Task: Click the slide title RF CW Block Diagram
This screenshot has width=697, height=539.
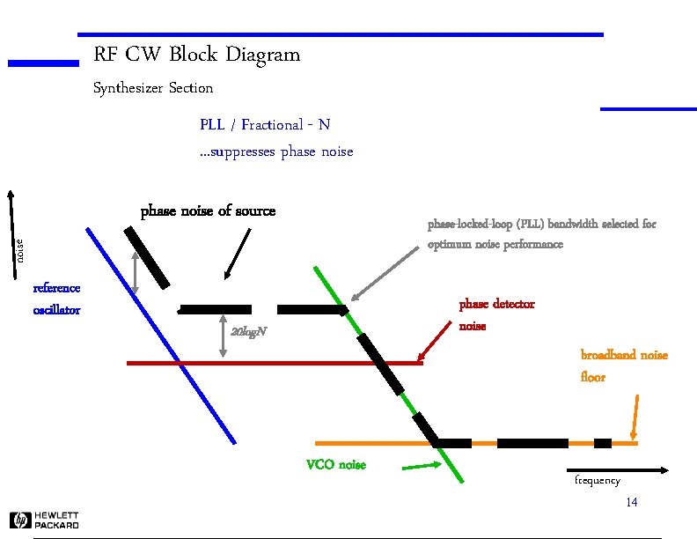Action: pyautogui.click(x=196, y=55)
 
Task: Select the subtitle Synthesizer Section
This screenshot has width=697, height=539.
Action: pyautogui.click(x=153, y=88)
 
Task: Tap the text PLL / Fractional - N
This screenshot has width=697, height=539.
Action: pyautogui.click(x=264, y=124)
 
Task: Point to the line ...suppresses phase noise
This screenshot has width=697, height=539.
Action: pyautogui.click(x=275, y=151)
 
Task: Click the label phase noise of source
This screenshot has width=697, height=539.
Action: pyautogui.click(x=208, y=211)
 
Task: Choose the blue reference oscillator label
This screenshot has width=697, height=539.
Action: pyautogui.click(x=56, y=299)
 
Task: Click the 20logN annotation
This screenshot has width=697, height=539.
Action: pyautogui.click(x=247, y=332)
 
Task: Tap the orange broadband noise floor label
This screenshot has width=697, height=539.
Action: pyautogui.click(x=623, y=365)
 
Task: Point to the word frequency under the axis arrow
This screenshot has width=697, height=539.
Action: pyautogui.click(x=597, y=481)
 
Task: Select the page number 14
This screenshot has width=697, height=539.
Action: pyautogui.click(x=631, y=502)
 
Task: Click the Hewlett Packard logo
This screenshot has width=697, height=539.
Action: pyautogui.click(x=44, y=520)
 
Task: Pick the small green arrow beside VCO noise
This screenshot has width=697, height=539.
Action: pyautogui.click(x=420, y=467)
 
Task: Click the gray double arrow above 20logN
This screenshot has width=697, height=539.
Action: pyautogui.click(x=223, y=336)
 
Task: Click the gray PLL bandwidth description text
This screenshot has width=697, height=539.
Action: pyautogui.click(x=541, y=234)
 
